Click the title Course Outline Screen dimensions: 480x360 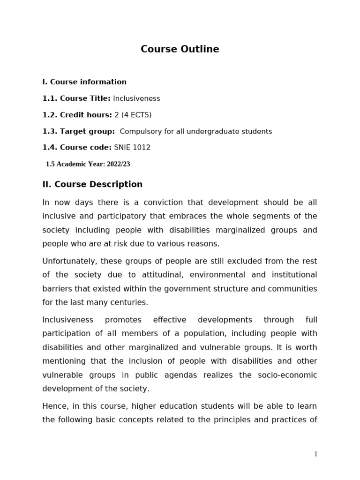(180, 49)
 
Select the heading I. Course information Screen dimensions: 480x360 (84, 82)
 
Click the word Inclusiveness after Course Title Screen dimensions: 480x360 (136, 98)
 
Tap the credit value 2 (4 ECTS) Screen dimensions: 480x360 (133, 115)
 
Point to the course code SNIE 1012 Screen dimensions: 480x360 (132, 147)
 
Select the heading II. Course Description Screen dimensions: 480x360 (92, 184)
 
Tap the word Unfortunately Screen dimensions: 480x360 (69, 261)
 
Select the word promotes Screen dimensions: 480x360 (124, 320)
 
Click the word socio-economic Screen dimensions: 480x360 (289, 375)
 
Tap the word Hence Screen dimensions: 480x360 (54, 406)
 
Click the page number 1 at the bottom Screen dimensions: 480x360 (315, 454)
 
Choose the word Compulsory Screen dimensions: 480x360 (141, 131)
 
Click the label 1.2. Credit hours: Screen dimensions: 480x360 (77, 115)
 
